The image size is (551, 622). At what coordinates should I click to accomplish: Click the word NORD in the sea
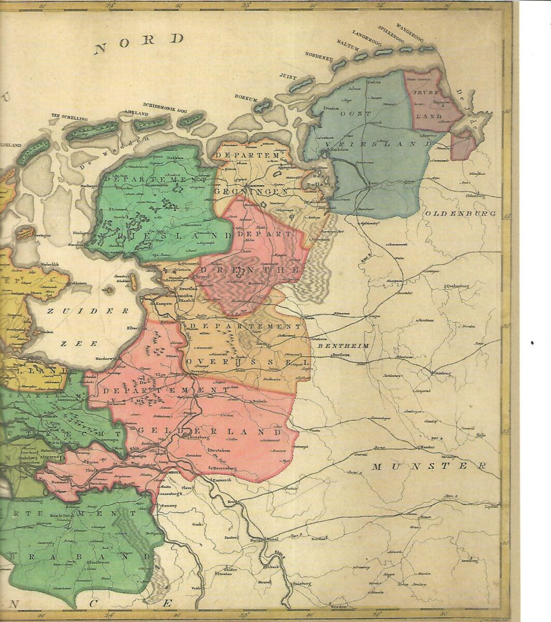coord(139,44)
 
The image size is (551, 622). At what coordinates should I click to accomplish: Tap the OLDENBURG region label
coord(460,213)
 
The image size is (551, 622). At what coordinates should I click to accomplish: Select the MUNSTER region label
coord(429,466)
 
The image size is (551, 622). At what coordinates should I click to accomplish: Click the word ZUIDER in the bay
coord(88,311)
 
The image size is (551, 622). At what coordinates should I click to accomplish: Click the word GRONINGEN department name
coord(252,191)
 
